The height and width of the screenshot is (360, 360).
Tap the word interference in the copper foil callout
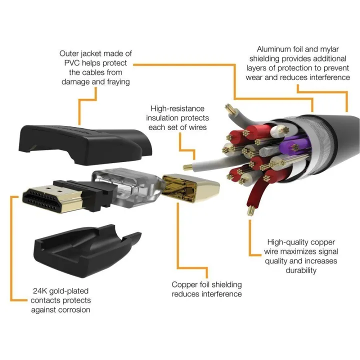[x=220, y=294]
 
